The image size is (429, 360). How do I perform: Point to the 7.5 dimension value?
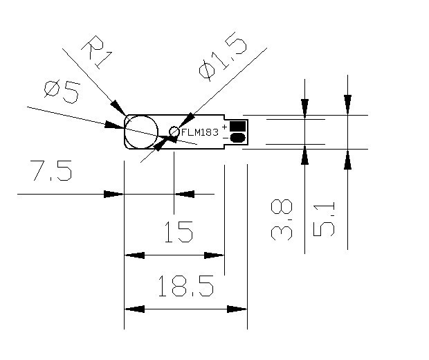coord(51,170)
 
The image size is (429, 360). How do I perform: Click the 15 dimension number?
coord(178,233)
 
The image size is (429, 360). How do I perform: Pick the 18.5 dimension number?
coord(184,285)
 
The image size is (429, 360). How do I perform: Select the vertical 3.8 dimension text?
coord(282,220)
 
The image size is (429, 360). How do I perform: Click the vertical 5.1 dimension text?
coord(324,219)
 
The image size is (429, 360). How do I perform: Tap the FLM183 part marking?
coord(199,132)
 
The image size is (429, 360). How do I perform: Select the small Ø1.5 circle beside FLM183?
coord(174,132)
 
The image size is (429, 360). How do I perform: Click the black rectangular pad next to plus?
coord(238,126)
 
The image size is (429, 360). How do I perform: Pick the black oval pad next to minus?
coord(238,138)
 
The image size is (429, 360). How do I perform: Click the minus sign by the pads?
coord(224,138)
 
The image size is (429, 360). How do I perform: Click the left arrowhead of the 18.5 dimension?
coord(134,308)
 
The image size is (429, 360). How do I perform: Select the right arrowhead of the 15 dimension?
coord(215,255)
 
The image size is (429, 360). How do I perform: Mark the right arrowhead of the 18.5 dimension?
coord(237,308)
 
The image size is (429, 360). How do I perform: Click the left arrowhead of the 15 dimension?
coord(134,255)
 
